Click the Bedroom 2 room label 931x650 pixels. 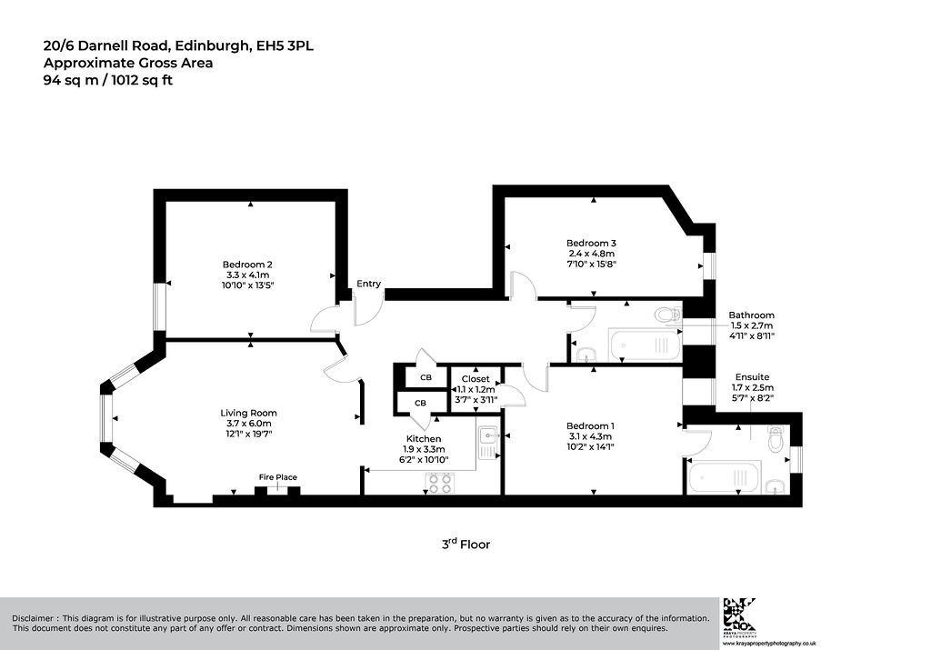click(247, 265)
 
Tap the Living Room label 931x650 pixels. click(249, 413)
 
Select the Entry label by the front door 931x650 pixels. click(369, 284)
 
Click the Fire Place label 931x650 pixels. click(278, 477)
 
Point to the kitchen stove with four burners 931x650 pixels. click(439, 484)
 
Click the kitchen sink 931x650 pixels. click(488, 443)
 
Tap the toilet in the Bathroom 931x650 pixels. click(668, 314)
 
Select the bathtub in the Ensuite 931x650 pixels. click(725, 477)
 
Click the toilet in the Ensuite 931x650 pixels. click(776, 440)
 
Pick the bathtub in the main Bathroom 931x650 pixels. click(645, 345)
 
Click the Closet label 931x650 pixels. click(476, 379)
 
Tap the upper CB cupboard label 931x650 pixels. click(425, 377)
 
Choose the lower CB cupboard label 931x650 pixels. click(420, 403)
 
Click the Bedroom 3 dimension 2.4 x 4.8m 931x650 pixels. click(591, 254)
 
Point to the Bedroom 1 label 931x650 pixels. click(590, 425)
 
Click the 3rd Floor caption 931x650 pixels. click(466, 544)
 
